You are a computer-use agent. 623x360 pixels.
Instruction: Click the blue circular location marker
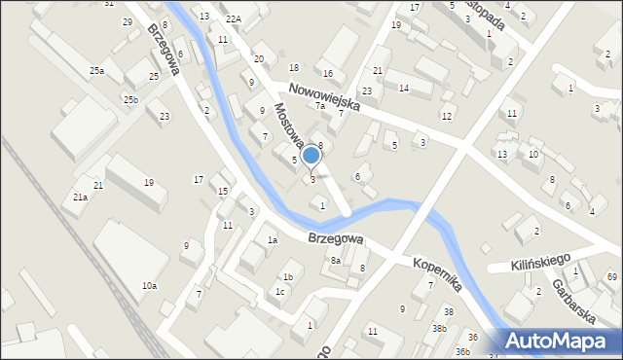tap(311, 155)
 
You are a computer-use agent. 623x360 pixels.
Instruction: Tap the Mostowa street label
tap(288, 125)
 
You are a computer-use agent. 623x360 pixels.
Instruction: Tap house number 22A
tap(233, 19)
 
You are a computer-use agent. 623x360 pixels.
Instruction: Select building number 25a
tap(96, 71)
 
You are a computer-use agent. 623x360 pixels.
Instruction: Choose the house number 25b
tap(130, 100)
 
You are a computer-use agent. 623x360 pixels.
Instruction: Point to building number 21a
tap(80, 198)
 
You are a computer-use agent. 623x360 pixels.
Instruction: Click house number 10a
tap(149, 286)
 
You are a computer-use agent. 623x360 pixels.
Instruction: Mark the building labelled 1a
tap(274, 240)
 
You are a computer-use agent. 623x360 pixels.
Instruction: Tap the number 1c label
tap(280, 292)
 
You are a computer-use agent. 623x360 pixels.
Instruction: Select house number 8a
tap(335, 261)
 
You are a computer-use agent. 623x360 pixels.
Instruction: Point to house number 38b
tap(440, 329)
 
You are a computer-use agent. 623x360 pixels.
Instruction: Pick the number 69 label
tap(611, 278)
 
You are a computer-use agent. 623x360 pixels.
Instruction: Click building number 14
tap(403, 89)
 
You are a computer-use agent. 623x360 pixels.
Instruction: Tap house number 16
tap(328, 74)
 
